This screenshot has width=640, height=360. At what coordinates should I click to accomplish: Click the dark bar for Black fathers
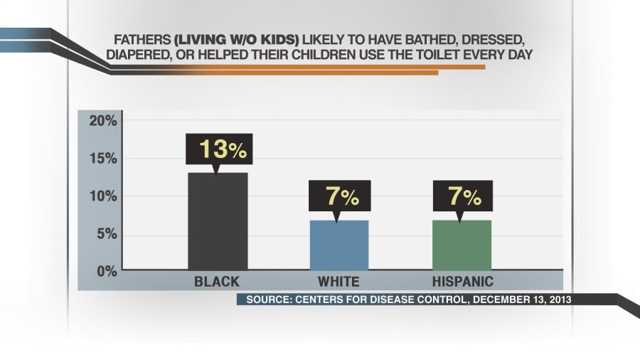click(x=218, y=221)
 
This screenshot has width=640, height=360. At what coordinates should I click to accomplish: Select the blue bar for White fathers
click(x=338, y=245)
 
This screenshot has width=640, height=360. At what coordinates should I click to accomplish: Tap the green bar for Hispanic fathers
click(x=461, y=245)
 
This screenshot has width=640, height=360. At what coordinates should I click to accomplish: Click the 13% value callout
click(x=219, y=149)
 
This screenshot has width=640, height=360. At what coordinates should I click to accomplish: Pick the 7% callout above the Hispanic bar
click(x=461, y=196)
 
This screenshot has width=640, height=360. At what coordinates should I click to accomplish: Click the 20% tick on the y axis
click(x=102, y=121)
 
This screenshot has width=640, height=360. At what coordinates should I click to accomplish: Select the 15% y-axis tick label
click(x=102, y=159)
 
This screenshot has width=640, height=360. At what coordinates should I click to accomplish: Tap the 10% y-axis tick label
click(x=102, y=196)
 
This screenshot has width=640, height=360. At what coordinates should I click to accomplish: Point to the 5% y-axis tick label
click(x=106, y=234)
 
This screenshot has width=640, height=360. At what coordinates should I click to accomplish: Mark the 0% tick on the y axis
click(x=106, y=271)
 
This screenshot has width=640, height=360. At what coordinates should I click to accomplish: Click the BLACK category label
click(x=217, y=282)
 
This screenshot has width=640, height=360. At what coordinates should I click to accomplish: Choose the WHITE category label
click(x=338, y=282)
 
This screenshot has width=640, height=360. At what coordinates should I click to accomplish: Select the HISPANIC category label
click(x=462, y=282)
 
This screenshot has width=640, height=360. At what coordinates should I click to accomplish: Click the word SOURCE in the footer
click(x=267, y=300)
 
